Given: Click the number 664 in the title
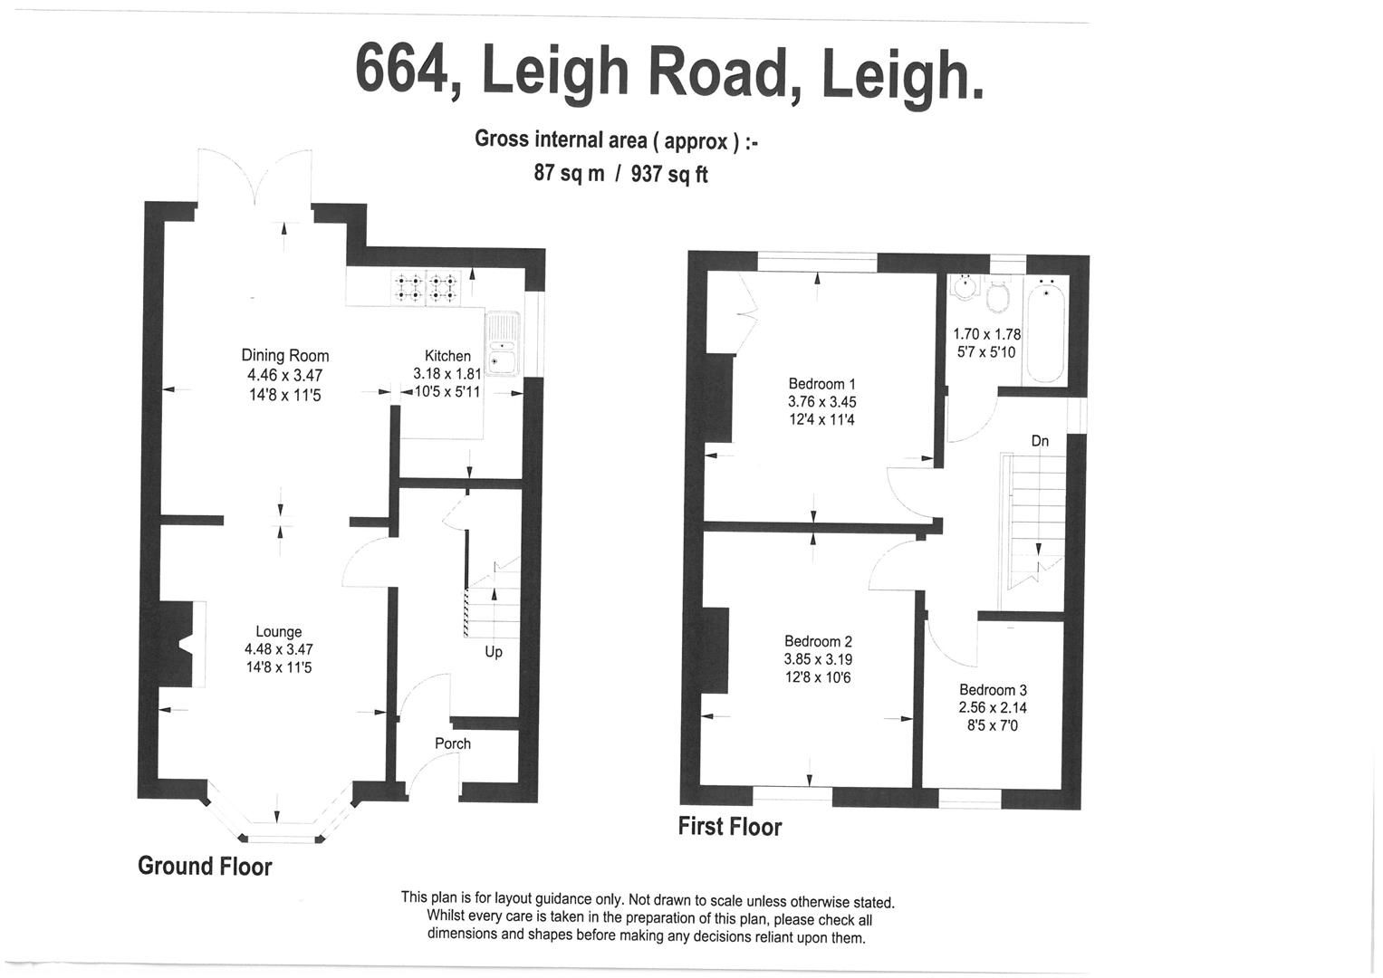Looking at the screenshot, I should click(x=400, y=70).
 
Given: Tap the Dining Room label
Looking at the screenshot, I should click(x=284, y=356).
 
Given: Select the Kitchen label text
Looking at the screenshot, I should click(x=447, y=357).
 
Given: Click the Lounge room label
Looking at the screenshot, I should click(x=278, y=632).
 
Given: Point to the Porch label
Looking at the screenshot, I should click(x=453, y=743).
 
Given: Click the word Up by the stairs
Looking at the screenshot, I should click(x=494, y=652).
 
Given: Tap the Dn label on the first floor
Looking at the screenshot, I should click(x=1040, y=441).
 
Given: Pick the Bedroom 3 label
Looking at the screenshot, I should click(x=993, y=690).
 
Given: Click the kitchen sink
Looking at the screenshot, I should click(x=501, y=344).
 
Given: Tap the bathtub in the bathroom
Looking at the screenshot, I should click(x=1046, y=330).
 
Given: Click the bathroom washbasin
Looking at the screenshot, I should click(x=964, y=287).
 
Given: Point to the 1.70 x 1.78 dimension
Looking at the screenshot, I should click(x=986, y=334).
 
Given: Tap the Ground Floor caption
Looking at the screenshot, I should click(x=205, y=867).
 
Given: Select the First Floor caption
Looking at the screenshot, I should click(x=729, y=827).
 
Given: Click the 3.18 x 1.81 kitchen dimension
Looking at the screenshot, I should click(x=447, y=374).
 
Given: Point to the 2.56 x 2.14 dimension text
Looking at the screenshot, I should click(x=993, y=708).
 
